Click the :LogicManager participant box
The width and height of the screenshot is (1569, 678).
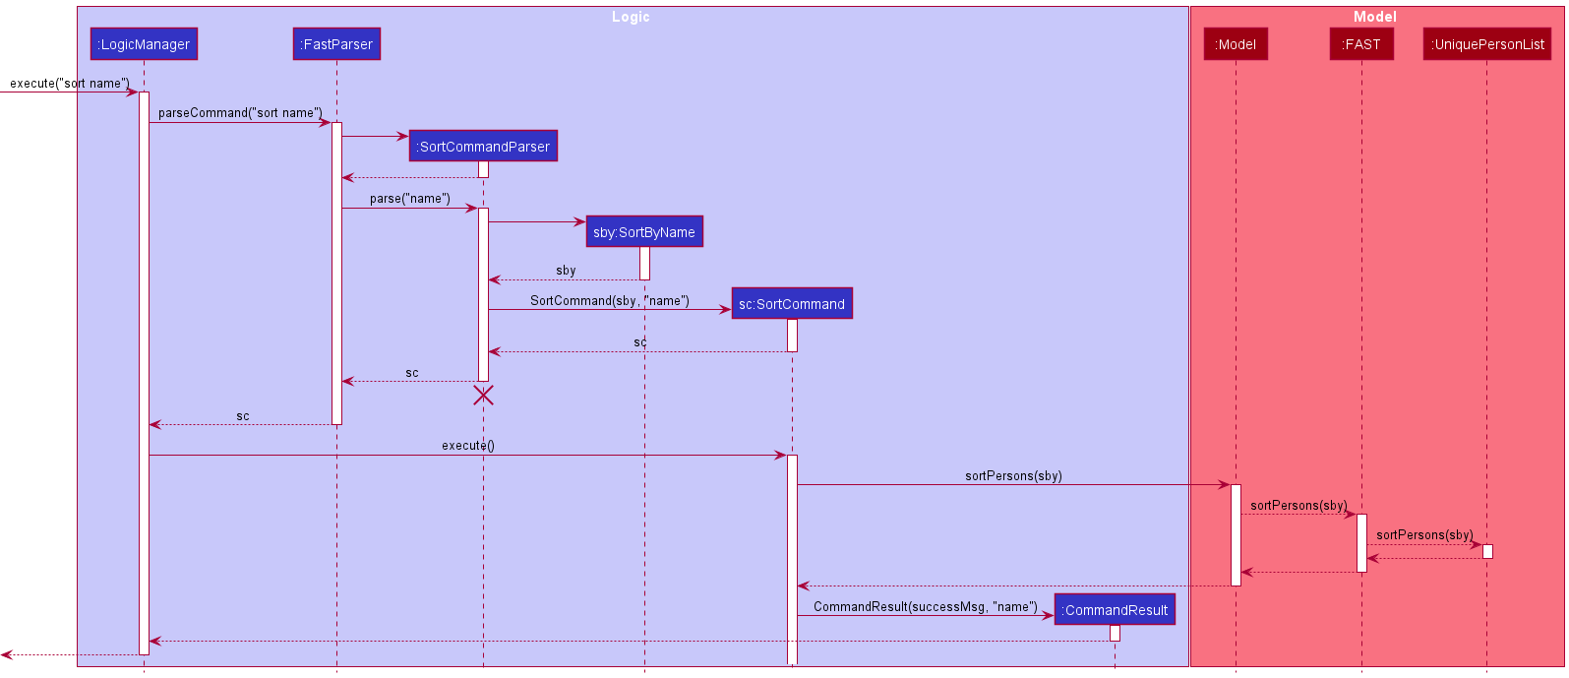[x=144, y=44]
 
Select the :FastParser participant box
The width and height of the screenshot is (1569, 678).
[x=336, y=44]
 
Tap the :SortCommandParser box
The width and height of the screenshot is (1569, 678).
[x=483, y=147]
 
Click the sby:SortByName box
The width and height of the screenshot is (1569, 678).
[x=644, y=232]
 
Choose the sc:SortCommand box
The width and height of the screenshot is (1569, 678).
[x=792, y=304]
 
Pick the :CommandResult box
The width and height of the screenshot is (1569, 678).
[x=1115, y=610]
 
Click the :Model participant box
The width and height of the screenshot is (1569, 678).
[x=1236, y=44]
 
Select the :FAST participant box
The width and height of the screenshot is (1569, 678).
[x=1361, y=44]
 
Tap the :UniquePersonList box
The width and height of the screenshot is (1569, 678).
[x=1486, y=44]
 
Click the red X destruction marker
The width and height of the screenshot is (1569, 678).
[x=483, y=396]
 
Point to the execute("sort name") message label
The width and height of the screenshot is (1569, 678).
[x=69, y=84]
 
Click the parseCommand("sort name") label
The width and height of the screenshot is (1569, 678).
[x=240, y=113]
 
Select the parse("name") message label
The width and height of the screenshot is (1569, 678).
[x=409, y=199]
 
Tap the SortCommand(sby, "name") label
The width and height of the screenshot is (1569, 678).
[x=610, y=301]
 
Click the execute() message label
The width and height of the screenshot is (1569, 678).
[x=468, y=446]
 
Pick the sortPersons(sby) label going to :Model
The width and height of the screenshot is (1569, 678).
[x=1013, y=476]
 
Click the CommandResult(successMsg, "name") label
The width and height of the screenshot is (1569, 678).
[x=925, y=607]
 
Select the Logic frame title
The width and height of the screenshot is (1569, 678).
[x=631, y=17]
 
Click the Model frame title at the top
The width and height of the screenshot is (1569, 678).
[x=1374, y=17]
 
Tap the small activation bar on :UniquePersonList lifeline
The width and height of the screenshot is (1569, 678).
[x=1487, y=551]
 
